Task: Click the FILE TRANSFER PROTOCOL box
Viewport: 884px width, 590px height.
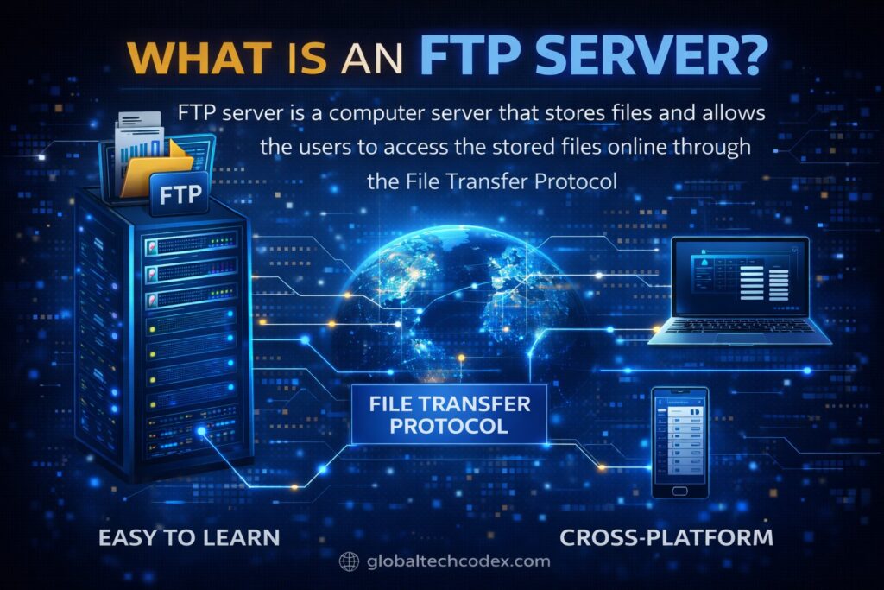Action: (449, 413)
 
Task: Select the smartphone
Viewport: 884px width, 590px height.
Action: (679, 442)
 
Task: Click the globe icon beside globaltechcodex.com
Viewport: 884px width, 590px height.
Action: (349, 561)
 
